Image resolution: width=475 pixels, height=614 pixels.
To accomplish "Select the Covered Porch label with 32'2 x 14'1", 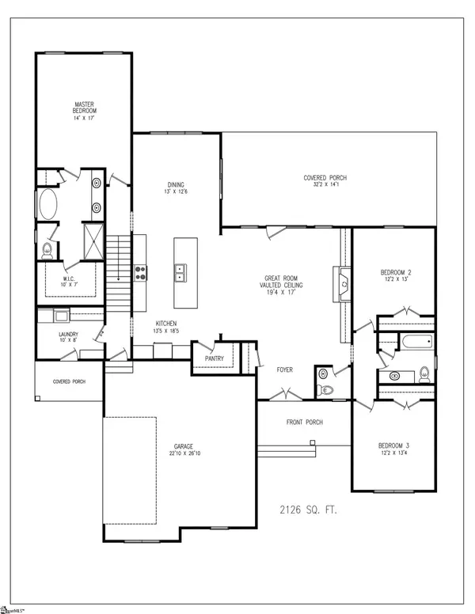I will click(325, 178).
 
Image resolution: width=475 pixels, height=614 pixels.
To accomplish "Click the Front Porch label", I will click(303, 423).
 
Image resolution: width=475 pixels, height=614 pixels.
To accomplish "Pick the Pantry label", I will click(214, 358).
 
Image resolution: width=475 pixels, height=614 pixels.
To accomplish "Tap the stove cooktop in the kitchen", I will click(140, 273).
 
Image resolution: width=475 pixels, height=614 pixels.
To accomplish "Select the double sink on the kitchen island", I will click(180, 273).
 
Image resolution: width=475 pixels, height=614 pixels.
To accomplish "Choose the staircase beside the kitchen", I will click(120, 268).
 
